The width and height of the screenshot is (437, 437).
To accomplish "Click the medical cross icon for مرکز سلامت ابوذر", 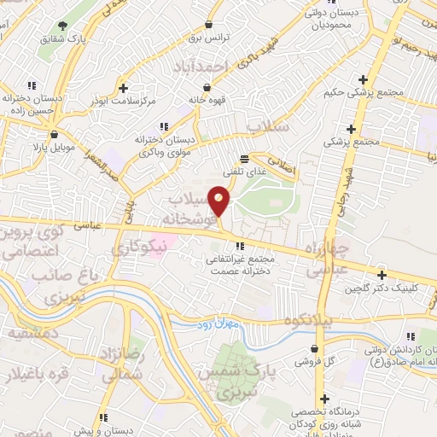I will (x=124, y=88).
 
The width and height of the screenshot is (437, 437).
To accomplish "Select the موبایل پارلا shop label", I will (x=53, y=147).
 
